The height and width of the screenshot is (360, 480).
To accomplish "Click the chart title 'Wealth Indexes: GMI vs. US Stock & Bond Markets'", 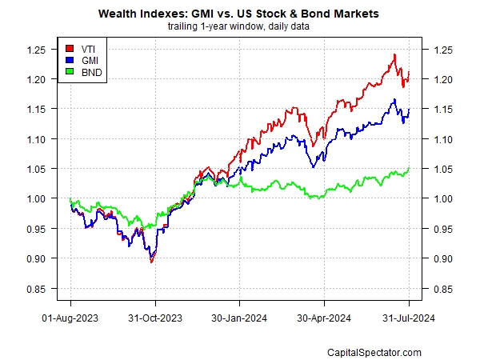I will (x=240, y=14).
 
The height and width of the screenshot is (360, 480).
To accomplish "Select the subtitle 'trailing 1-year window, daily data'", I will (x=240, y=26).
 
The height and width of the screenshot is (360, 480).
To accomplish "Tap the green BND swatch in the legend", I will (x=70, y=73).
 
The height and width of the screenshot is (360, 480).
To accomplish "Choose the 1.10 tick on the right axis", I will (x=442, y=139).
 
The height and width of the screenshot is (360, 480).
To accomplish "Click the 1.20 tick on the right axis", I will (x=442, y=79).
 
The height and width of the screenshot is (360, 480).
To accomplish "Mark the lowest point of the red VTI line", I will (x=152, y=262).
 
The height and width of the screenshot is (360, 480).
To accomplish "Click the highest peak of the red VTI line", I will (x=394, y=54).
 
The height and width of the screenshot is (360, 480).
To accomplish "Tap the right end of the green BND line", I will (x=410, y=168).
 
